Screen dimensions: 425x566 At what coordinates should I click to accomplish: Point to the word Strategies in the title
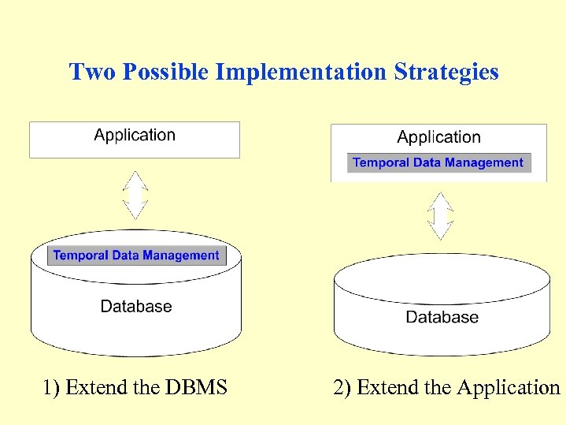click(x=446, y=73)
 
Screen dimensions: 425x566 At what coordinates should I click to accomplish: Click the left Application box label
click(x=135, y=135)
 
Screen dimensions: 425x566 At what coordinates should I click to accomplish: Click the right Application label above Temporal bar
click(x=438, y=137)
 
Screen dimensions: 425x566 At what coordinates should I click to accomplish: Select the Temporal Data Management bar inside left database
click(x=136, y=255)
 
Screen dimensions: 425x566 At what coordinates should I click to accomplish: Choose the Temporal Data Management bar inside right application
click(x=438, y=162)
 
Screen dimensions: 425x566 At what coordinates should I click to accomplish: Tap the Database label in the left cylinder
click(x=136, y=306)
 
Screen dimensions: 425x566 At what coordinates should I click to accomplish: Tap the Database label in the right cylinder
click(x=442, y=317)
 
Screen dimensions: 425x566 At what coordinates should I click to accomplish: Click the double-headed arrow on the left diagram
click(x=136, y=195)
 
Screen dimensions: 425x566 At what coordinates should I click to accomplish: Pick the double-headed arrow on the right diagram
click(x=440, y=215)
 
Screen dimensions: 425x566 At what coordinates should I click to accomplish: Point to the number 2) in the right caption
click(x=342, y=388)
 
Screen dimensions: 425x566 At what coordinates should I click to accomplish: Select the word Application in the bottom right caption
click(x=508, y=388)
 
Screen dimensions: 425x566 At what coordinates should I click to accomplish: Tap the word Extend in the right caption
click(x=383, y=388)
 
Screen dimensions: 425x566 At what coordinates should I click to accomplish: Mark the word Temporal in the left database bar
click(x=78, y=255)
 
